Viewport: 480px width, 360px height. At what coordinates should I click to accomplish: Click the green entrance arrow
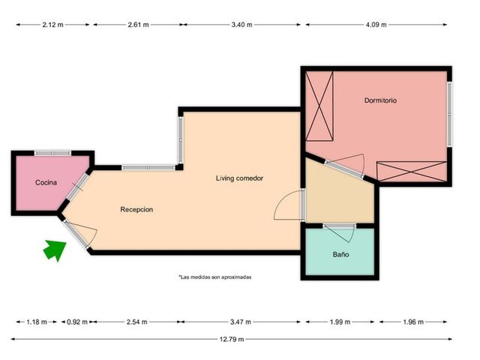tap(55, 250)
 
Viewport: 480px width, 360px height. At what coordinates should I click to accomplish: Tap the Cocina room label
tap(46, 182)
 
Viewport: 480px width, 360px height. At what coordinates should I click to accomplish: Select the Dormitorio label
tap(380, 100)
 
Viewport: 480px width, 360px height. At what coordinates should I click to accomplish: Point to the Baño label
tap(340, 254)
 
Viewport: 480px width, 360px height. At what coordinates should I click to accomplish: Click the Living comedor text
tap(239, 178)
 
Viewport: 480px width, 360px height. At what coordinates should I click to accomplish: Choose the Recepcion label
tap(136, 210)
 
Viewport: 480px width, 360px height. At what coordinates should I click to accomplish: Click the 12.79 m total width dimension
tap(232, 339)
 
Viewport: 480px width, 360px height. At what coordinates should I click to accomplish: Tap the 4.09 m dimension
tap(376, 25)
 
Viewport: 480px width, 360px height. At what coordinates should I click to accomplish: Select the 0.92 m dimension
tap(77, 322)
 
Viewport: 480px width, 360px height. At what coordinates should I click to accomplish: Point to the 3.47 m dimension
tap(241, 322)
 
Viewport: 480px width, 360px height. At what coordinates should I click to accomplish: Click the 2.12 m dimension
tap(52, 25)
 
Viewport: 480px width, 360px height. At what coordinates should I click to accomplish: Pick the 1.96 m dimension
tap(413, 322)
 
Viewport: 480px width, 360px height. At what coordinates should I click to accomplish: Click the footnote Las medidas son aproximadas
tap(215, 277)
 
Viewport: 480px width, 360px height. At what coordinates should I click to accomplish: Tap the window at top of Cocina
tap(52, 153)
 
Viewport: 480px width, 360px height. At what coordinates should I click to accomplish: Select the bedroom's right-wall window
tap(449, 114)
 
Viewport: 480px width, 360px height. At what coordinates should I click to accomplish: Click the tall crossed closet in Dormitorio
tap(319, 106)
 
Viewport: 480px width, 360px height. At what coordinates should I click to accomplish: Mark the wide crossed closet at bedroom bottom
tap(412, 172)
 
